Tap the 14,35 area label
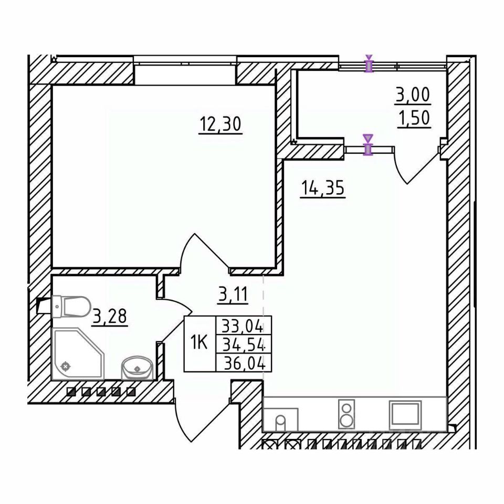click(322, 187)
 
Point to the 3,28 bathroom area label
click(110, 317)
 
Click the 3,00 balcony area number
click(412, 96)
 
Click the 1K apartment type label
click(199, 343)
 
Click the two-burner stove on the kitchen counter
click(346, 414)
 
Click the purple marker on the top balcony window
click(369, 65)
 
